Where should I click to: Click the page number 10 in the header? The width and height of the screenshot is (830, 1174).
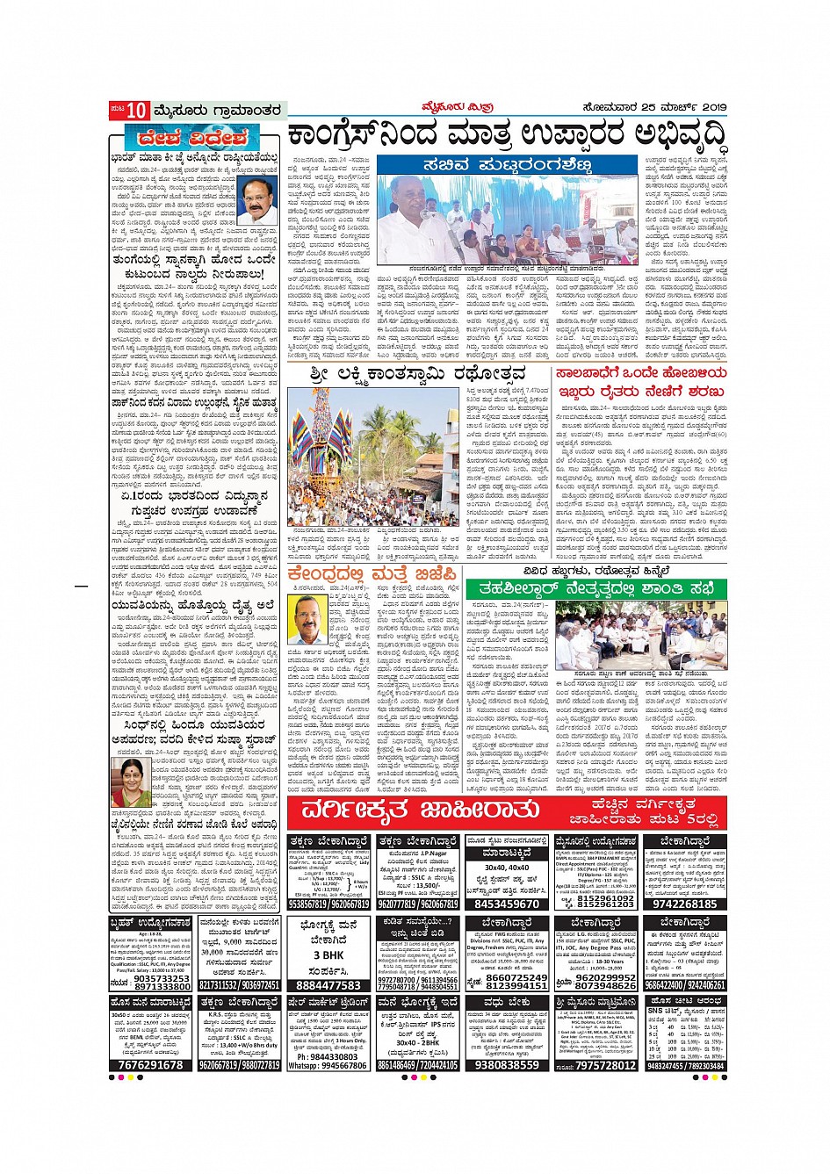tap(136, 111)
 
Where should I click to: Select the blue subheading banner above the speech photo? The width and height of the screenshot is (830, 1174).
tap(507, 165)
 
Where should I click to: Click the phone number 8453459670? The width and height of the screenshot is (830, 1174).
tap(506, 904)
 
